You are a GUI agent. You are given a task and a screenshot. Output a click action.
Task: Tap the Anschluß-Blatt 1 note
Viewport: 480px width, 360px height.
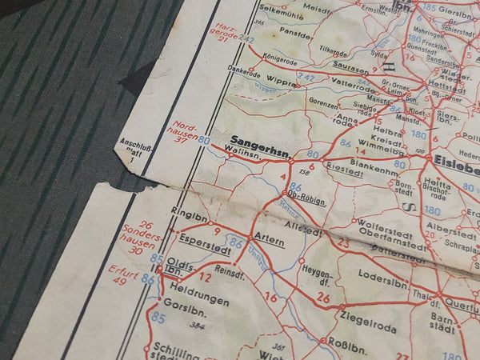coord(132,150)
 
